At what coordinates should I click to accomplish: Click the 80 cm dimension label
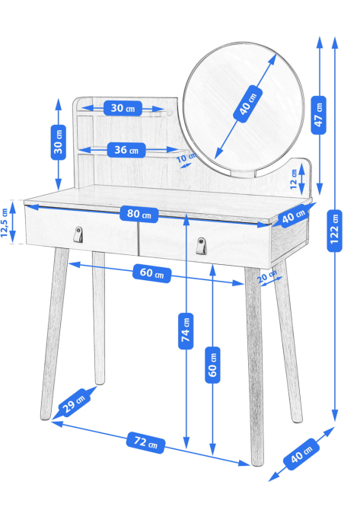click(139, 214)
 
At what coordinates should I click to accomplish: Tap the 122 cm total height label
click(334, 231)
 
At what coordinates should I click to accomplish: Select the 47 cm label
click(318, 116)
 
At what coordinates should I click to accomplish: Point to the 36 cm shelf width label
click(126, 150)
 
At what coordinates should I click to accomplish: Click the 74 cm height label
click(186, 331)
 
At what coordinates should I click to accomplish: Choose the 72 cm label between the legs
click(145, 442)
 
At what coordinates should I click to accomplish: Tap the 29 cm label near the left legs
click(73, 403)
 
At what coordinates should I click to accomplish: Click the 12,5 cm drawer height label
click(5, 222)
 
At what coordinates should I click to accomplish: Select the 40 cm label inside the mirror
click(248, 104)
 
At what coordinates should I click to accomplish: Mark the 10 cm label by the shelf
click(186, 158)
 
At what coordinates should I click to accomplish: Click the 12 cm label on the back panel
click(294, 180)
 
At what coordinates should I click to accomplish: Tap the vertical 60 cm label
click(212, 365)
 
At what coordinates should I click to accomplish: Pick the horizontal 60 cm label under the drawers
click(152, 273)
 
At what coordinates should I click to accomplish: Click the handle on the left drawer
click(78, 234)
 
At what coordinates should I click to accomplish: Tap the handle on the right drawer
click(201, 246)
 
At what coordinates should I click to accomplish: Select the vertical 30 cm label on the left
click(58, 142)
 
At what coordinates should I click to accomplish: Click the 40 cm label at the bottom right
click(301, 454)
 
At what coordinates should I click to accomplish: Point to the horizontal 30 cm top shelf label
click(123, 108)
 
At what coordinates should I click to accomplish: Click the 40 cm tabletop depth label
click(293, 216)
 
